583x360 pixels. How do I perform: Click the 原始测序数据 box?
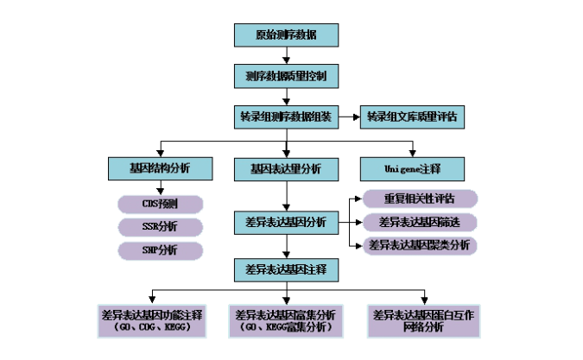tap(286, 35)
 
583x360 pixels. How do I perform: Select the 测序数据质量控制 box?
tap(286, 76)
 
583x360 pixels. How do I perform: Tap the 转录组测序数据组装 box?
tap(286, 117)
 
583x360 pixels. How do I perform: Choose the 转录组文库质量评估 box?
tap(412, 117)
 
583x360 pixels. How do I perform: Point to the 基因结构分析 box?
tap(160, 168)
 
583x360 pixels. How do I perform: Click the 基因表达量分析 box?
tap(286, 169)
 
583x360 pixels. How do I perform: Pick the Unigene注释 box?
tap(412, 168)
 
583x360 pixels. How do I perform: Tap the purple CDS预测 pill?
tap(160, 205)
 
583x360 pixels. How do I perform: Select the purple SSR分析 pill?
tap(160, 227)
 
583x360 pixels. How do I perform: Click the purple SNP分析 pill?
tap(160, 250)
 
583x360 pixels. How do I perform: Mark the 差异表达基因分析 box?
tap(286, 223)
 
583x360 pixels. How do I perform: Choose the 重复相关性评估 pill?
tap(419, 199)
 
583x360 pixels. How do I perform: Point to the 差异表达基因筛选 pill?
tap(419, 222)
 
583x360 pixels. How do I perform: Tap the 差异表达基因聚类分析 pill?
tap(419, 245)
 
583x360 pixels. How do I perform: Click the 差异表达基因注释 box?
tap(286, 270)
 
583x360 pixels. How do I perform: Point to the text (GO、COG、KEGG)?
tap(152, 328)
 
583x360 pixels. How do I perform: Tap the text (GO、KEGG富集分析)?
tap(286, 328)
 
